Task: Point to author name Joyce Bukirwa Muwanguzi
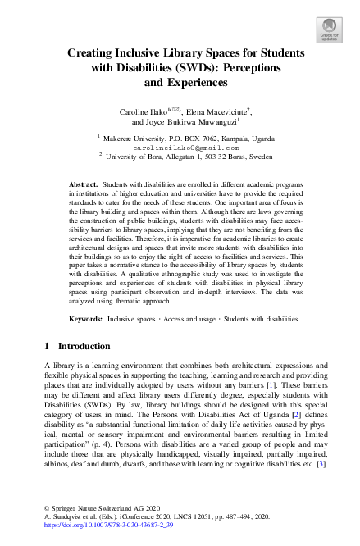tap(190, 122)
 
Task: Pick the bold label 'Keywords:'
tap(86, 317)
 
